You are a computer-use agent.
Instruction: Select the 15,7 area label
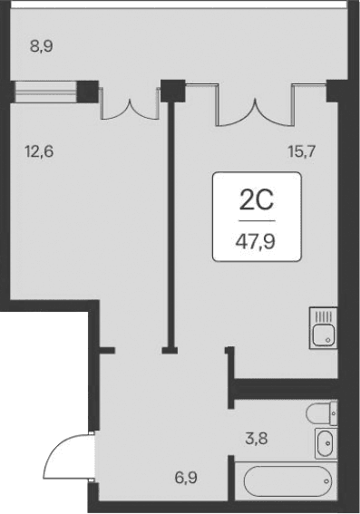click(304, 151)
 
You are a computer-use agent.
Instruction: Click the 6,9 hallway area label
click(188, 475)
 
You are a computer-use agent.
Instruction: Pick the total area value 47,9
click(257, 242)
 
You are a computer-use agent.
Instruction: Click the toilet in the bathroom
click(322, 414)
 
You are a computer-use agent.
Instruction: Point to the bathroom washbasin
click(326, 443)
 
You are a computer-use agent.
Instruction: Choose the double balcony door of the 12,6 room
click(130, 104)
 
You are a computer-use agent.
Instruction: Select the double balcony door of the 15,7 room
click(255, 107)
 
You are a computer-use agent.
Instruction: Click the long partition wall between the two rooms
click(170, 218)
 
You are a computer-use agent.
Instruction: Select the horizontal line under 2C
click(257, 220)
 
